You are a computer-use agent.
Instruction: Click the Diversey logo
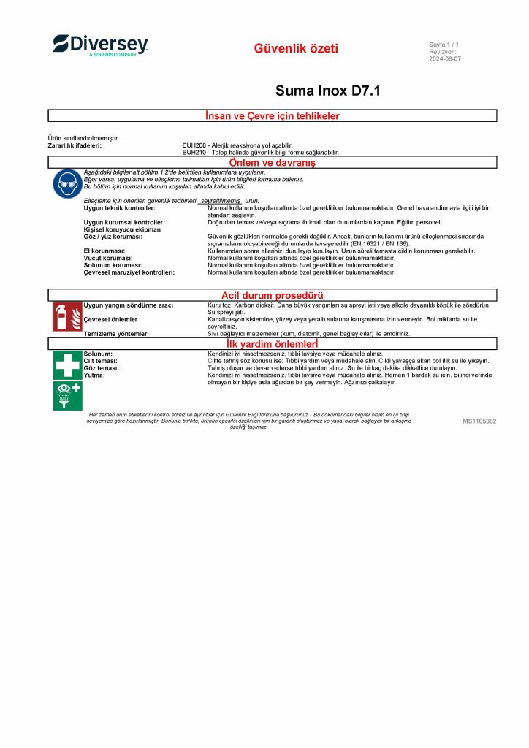(101, 45)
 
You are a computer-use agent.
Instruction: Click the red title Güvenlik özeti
(296, 49)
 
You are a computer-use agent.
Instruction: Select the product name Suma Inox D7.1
(327, 91)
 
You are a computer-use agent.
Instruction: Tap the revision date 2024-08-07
(445, 59)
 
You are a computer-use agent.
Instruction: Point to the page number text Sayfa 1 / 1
(444, 45)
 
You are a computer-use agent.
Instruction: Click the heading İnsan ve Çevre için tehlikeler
(273, 115)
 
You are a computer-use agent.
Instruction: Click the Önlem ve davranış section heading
(273, 162)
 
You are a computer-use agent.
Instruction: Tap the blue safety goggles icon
(66, 183)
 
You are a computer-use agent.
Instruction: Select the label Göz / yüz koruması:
(113, 237)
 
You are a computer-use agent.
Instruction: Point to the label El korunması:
(104, 251)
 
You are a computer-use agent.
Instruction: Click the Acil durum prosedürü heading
(272, 295)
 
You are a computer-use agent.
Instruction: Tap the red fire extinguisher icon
(67, 316)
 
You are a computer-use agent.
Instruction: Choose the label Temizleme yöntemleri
(116, 333)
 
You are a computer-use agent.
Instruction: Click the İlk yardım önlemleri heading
(272, 343)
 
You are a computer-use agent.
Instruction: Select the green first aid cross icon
(67, 365)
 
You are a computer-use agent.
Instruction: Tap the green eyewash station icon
(67, 395)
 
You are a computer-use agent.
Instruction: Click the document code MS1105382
(479, 421)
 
